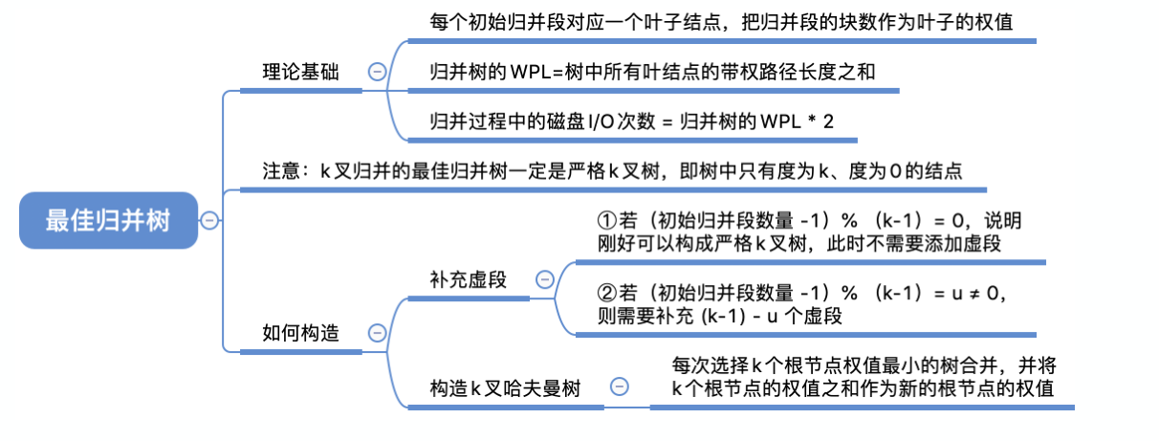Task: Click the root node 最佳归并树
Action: tap(108, 221)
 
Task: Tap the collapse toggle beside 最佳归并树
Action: tap(208, 221)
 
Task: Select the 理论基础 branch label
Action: tap(300, 72)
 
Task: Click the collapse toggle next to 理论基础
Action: tap(377, 72)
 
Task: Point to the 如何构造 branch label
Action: tap(300, 332)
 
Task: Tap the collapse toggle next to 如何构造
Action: tap(377, 332)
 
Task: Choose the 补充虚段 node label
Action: tap(469, 279)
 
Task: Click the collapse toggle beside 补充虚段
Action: tap(544, 279)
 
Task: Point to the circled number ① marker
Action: tap(603, 221)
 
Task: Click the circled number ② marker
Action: tap(603, 291)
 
